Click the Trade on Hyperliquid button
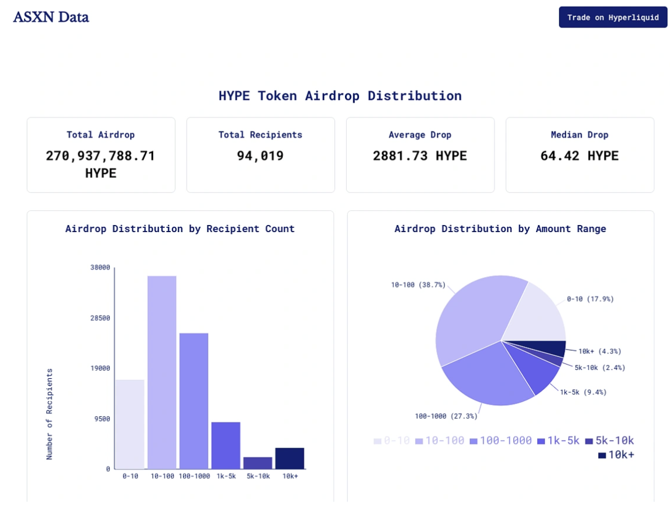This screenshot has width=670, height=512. [x=613, y=17]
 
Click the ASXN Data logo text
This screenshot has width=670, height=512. [x=51, y=17]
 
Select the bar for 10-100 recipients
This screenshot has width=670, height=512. [x=162, y=372]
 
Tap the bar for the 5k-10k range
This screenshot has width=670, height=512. [x=258, y=463]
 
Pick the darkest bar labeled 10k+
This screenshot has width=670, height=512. [x=290, y=458]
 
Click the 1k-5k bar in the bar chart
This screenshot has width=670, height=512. [x=226, y=445]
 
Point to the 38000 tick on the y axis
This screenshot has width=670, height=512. [x=100, y=268]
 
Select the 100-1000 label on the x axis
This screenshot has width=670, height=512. [x=194, y=476]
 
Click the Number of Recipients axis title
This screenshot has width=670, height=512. [x=50, y=414]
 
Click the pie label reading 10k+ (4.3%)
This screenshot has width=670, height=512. [x=600, y=351]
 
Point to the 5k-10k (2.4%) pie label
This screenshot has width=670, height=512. [x=600, y=368]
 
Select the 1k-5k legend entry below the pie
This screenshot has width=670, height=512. [x=558, y=441]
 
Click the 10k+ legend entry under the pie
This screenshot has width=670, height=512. [x=616, y=455]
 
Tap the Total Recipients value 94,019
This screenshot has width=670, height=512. [x=260, y=156]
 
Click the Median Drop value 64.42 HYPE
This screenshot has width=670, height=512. [x=579, y=156]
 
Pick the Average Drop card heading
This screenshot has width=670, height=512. [x=420, y=135]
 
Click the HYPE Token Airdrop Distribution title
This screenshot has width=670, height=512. [x=340, y=96]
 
